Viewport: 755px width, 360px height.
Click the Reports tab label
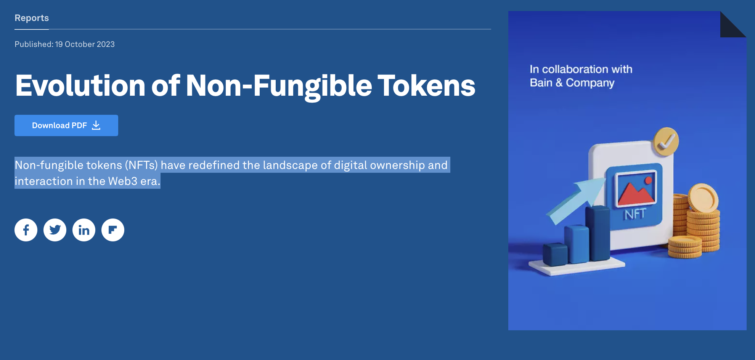click(32, 18)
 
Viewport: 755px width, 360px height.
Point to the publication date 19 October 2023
click(85, 44)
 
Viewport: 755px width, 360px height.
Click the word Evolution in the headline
click(80, 85)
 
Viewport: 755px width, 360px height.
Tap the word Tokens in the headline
click(426, 85)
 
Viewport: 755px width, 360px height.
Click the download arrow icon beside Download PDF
click(96, 125)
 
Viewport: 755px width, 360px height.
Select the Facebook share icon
click(26, 230)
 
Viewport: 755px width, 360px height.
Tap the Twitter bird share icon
click(55, 230)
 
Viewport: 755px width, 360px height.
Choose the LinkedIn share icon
click(84, 230)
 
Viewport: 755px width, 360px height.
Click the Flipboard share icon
click(113, 230)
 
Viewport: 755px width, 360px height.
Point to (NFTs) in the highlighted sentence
click(141, 165)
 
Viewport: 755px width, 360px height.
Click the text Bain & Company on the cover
click(572, 83)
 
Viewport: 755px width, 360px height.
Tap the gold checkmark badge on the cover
click(666, 141)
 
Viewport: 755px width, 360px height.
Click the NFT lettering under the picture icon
click(635, 214)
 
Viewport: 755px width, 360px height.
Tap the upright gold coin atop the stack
click(703, 198)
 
